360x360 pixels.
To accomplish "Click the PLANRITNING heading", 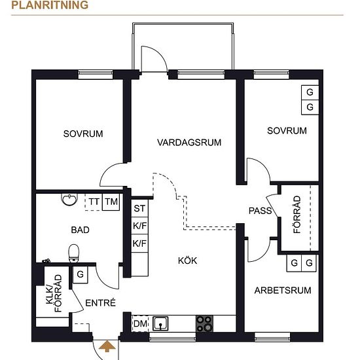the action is coord(50,5).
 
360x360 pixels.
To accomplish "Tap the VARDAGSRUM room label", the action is coord(189,142).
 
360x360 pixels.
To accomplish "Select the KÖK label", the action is coord(188,261).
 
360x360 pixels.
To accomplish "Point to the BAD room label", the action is coord(80,230).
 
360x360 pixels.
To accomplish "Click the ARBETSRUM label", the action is coord(283,291).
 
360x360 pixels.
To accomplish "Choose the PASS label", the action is coord(260,211).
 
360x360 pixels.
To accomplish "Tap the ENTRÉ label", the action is coord(100,303).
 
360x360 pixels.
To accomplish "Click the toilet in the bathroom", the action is coord(74,253).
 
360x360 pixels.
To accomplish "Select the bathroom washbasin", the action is coord(69,199).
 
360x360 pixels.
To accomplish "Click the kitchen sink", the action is coord(160,323).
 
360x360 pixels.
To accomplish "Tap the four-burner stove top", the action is coord(204,323).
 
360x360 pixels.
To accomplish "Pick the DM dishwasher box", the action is coord(140,324).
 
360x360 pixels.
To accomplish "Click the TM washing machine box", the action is coord(111,202).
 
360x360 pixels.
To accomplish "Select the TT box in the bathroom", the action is coord(94,202).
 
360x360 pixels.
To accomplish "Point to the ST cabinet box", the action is coord(139,208).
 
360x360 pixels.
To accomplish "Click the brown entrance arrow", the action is coord(107,346).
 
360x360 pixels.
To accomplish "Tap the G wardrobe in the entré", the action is coord(80,274).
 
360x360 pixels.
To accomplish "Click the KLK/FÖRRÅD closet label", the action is coord(54,293).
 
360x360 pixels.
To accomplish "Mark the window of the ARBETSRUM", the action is coord(272,337).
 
